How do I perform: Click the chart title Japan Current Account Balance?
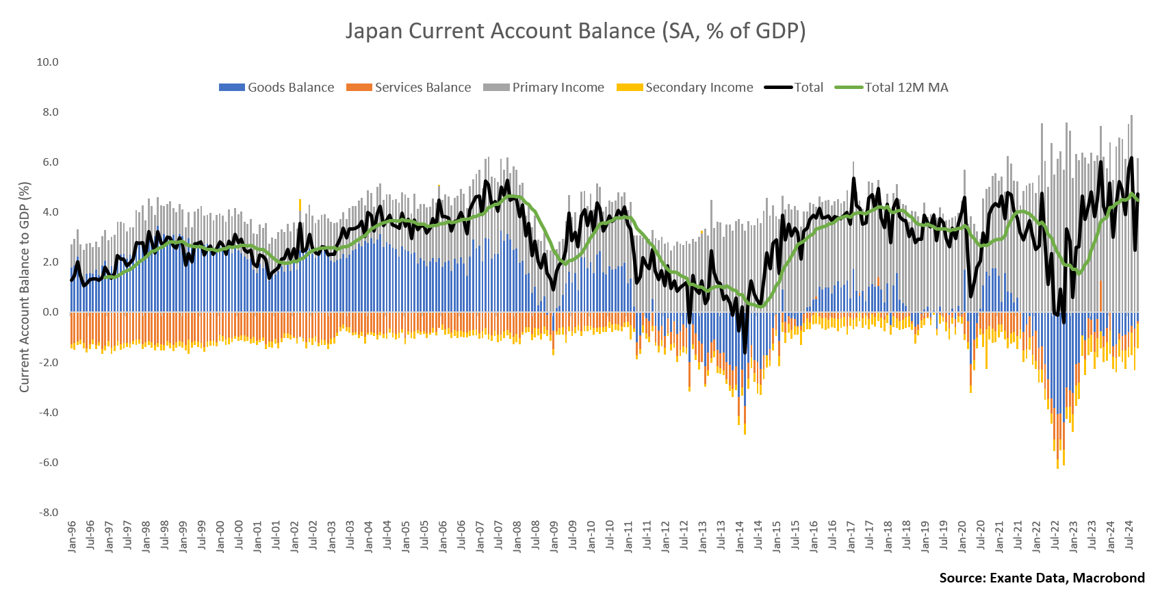point(576,31)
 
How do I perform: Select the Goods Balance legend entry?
point(276,88)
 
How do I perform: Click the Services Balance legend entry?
point(409,88)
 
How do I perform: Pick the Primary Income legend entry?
point(543,88)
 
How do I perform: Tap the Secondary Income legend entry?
point(684,88)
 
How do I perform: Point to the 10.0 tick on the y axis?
point(47,62)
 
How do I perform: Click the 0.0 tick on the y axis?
point(50,312)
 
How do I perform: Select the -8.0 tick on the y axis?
point(48,513)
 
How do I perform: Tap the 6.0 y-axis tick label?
point(50,162)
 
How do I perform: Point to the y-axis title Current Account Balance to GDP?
point(25,287)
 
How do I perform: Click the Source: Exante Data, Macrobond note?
point(1042,578)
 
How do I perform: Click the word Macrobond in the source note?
point(1108,578)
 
